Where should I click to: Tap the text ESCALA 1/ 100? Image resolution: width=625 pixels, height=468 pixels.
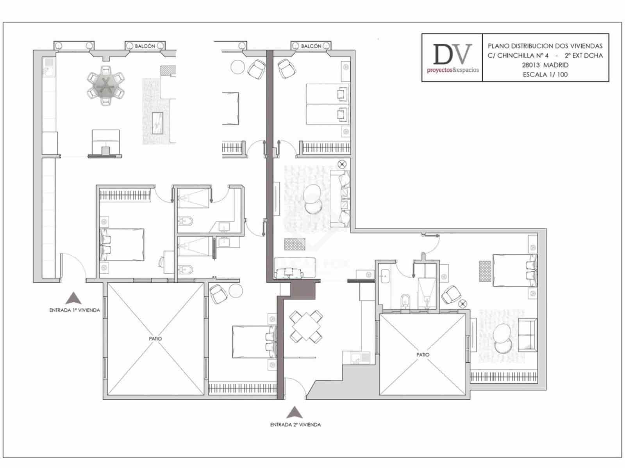click(x=545, y=74)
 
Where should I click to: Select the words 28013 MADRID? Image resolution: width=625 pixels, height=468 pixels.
click(x=545, y=65)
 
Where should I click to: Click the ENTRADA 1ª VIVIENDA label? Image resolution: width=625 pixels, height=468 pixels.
click(x=75, y=310)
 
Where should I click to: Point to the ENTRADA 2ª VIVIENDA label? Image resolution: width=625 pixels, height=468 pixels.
click(x=296, y=425)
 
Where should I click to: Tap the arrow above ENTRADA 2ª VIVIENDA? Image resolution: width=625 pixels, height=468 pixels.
click(x=295, y=412)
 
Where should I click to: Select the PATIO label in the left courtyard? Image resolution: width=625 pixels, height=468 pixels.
click(x=155, y=339)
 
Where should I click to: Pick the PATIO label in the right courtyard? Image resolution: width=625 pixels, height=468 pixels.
click(x=423, y=355)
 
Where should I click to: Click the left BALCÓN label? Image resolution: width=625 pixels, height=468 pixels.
click(x=145, y=46)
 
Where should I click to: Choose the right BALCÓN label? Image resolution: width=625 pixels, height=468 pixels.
click(x=311, y=46)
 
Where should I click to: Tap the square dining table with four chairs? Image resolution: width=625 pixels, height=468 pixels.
click(x=305, y=326)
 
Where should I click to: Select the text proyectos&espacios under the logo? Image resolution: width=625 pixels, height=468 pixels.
click(x=452, y=70)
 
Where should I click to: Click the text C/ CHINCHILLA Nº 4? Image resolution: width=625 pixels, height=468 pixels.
click(x=518, y=56)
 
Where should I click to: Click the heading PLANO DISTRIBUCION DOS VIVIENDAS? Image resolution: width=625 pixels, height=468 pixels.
click(x=545, y=46)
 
